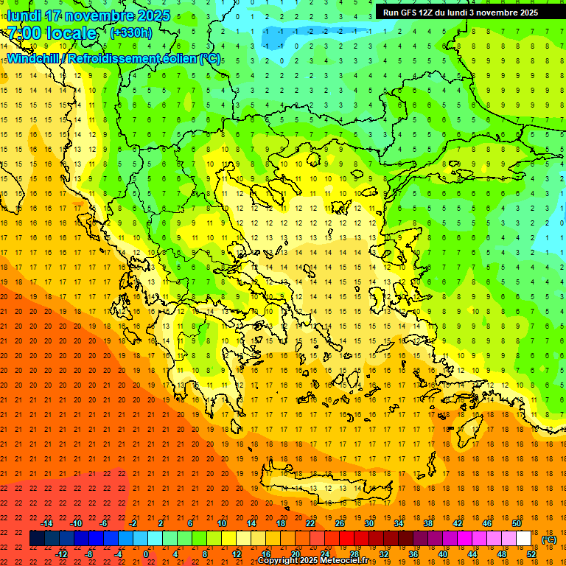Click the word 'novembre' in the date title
coord(102,15)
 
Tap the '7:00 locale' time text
coord(52,33)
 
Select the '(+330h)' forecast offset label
coord(131,33)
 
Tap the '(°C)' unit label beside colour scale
coord(549,539)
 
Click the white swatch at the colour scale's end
coord(523,539)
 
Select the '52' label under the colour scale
coord(531,554)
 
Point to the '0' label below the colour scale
coord(147,554)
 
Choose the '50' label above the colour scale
coord(516,523)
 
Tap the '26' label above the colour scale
coord(340,523)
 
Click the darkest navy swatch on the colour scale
coord(37,539)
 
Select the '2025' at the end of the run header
coord(526,13)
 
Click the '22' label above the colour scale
coord(310,523)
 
